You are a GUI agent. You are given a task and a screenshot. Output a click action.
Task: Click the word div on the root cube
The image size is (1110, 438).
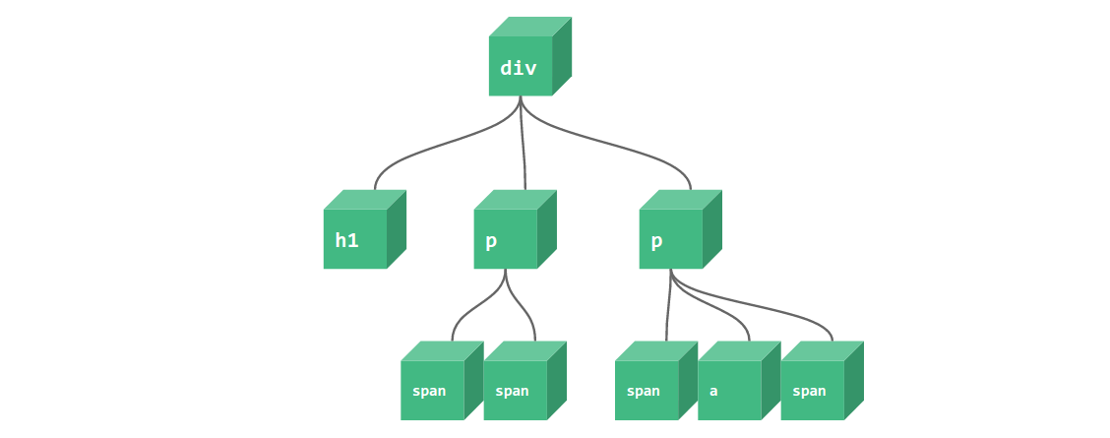click(520, 68)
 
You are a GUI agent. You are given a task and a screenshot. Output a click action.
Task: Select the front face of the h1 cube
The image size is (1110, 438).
click(354, 239)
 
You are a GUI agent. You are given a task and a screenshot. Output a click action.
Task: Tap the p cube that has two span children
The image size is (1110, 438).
click(505, 239)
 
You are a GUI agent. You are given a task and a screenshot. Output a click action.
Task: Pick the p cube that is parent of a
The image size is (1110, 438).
click(670, 239)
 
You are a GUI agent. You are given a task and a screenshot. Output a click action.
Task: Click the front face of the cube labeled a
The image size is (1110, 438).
click(729, 391)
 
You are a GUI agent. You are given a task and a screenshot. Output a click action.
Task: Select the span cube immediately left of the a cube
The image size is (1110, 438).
click(646, 391)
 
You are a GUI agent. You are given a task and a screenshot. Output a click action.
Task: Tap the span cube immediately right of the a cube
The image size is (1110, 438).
click(812, 391)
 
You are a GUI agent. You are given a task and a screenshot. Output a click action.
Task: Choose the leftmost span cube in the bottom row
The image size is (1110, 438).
click(431, 391)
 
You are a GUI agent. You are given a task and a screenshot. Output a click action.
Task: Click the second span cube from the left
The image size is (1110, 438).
click(515, 391)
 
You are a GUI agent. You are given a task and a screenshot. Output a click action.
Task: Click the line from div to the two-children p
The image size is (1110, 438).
click(523, 148)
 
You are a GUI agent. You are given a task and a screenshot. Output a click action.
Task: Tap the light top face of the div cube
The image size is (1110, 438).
click(530, 27)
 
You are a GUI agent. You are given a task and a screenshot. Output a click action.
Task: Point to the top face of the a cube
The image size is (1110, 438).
click(739, 350)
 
